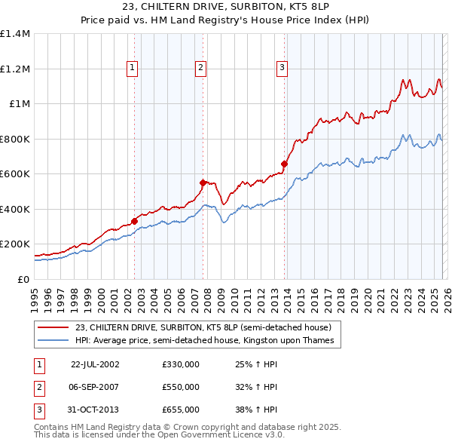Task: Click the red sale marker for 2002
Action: pos(134,221)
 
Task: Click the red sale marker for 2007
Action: pos(203,183)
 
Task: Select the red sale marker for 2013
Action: pos(284,164)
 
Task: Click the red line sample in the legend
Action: pos(53,327)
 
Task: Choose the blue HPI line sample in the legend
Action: pos(53,340)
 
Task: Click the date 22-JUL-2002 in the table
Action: pos(95,364)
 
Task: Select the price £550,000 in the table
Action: pos(181,387)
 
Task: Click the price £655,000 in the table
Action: pos(181,410)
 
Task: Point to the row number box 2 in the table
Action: pos(38,387)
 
